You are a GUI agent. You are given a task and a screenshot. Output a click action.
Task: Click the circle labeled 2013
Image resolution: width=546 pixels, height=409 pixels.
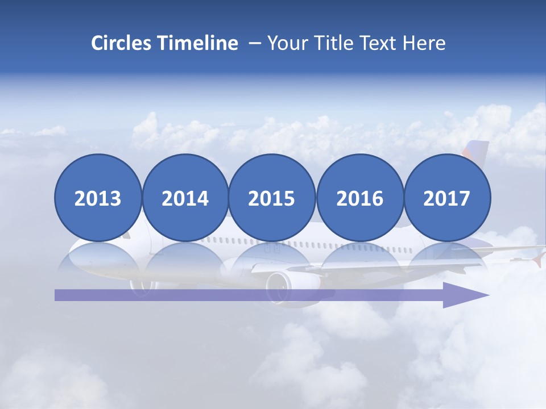coord(98,198)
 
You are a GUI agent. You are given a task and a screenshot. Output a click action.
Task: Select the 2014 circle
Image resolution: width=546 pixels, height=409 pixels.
coord(185,198)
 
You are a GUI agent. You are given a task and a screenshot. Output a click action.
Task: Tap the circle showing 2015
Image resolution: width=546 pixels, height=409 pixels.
coord(272,198)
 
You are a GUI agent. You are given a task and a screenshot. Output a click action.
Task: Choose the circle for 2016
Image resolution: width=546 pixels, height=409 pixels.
coord(360,198)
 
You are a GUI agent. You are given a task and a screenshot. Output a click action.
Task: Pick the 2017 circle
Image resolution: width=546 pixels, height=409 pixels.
coord(447,198)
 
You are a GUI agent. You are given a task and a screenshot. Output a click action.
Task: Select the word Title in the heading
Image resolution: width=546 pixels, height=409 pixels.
coord(334,43)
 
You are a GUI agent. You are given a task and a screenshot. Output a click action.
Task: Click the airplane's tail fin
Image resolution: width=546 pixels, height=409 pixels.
coord(477,150)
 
